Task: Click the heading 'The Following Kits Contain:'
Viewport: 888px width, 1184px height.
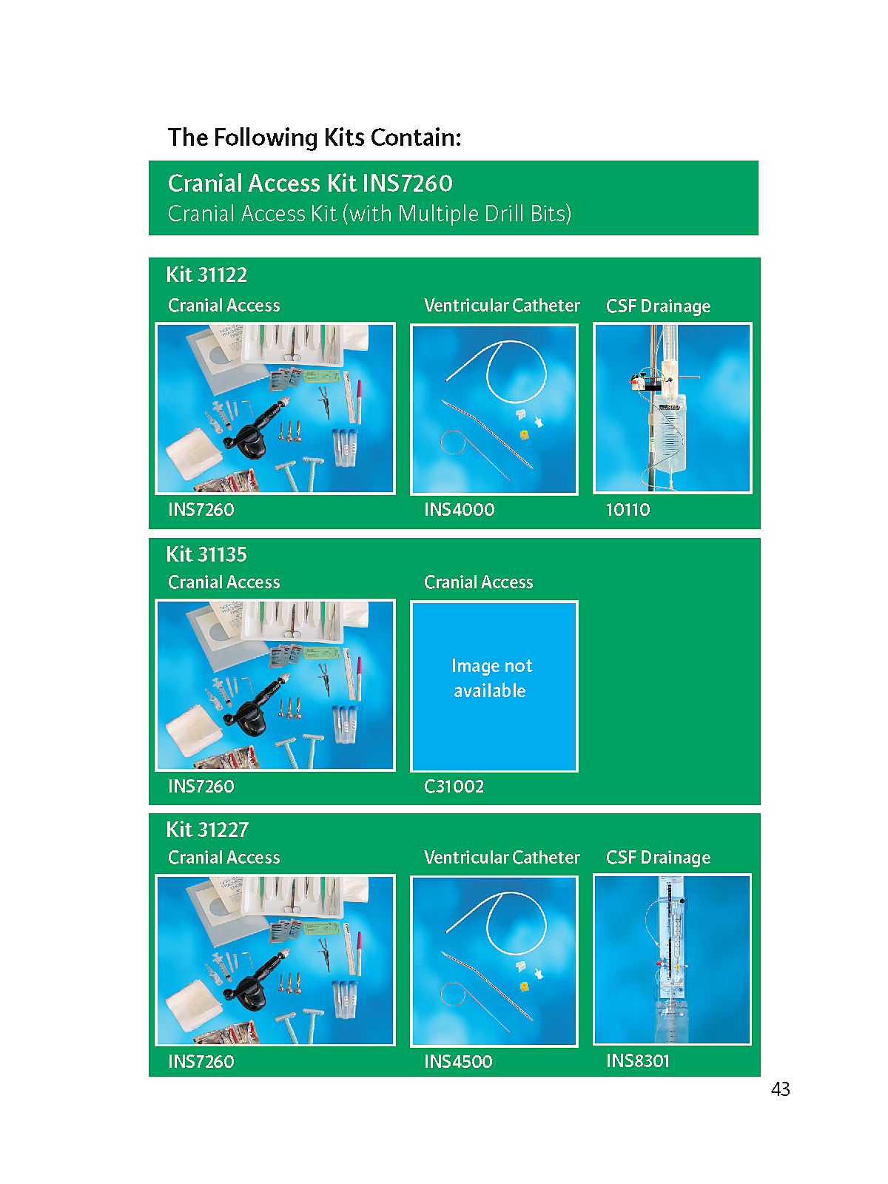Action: tap(314, 138)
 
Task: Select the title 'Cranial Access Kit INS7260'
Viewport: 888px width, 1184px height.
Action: tap(310, 184)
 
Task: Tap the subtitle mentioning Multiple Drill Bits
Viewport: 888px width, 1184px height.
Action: tap(369, 214)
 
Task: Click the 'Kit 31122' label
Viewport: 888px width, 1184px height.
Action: tap(206, 275)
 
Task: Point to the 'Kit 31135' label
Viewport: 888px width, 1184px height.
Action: tap(206, 554)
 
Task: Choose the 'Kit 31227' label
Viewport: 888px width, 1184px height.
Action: tap(208, 830)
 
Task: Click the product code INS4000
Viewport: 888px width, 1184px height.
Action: tap(460, 510)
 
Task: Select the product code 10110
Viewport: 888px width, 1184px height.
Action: tap(628, 510)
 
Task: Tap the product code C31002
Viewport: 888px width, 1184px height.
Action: tap(454, 787)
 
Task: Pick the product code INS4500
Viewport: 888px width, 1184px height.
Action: tap(458, 1062)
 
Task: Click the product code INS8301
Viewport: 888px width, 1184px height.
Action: tap(638, 1061)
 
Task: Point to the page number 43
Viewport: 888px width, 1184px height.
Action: tap(780, 1089)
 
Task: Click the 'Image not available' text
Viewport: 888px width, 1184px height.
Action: tap(491, 678)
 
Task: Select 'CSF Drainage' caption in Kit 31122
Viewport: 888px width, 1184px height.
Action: tap(659, 306)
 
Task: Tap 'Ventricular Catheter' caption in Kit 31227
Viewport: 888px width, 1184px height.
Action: tap(502, 857)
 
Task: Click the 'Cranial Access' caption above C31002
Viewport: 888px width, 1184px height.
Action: tap(479, 582)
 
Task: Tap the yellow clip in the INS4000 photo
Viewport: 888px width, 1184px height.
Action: tap(523, 435)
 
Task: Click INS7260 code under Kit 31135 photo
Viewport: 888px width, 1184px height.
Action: tap(201, 787)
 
